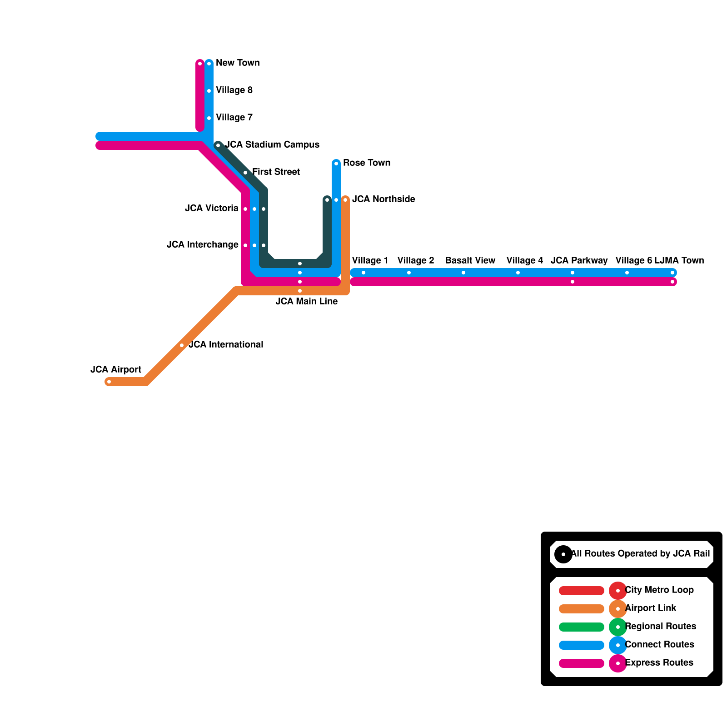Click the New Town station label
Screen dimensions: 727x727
pyautogui.click(x=237, y=63)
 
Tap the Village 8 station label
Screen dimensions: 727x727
pyautogui.click(x=234, y=90)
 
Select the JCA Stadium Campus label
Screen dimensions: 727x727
pyautogui.click(x=272, y=144)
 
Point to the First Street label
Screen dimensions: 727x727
pyautogui.click(x=276, y=172)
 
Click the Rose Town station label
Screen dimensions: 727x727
pyautogui.click(x=366, y=163)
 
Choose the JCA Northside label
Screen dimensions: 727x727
pyautogui.click(x=383, y=199)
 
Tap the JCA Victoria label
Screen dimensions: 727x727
pyautogui.click(x=212, y=208)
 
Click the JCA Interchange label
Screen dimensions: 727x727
pyautogui.click(x=203, y=244)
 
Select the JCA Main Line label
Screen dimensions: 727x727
pyautogui.click(x=306, y=301)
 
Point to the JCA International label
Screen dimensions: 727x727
pyautogui.click(x=226, y=344)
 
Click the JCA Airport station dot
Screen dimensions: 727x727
pyautogui.click(x=109, y=382)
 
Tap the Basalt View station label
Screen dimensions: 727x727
pyautogui.click(x=470, y=260)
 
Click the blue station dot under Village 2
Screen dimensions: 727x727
pyautogui.click(x=409, y=273)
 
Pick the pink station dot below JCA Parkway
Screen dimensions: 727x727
pyautogui.click(x=573, y=282)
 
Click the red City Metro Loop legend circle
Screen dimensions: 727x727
pyautogui.click(x=617, y=591)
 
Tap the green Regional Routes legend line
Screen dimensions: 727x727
pyautogui.click(x=581, y=627)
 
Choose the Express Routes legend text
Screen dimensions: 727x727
pyautogui.click(x=659, y=662)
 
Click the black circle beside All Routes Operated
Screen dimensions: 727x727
pyautogui.click(x=563, y=554)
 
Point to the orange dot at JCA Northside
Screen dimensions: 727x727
pyautogui.click(x=345, y=200)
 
